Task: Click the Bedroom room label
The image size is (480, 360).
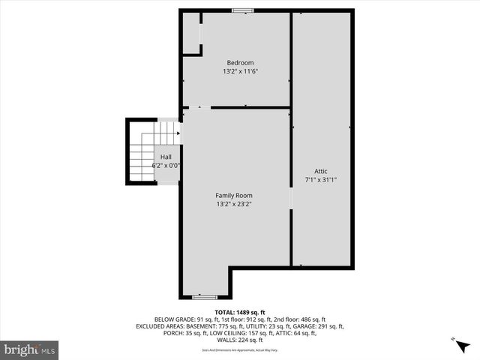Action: coord(240,62)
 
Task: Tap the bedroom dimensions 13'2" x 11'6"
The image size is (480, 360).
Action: coord(240,71)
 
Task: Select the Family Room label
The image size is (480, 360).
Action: coord(234,195)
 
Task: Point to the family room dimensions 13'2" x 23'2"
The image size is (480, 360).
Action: coord(234,204)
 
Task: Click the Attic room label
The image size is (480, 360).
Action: coord(321,171)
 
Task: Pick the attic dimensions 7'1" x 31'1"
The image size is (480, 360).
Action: coord(321,180)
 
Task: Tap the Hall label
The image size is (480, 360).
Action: coord(166,157)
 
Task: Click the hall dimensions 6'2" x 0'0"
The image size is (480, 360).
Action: coord(166,165)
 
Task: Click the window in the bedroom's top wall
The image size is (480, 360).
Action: coord(241,10)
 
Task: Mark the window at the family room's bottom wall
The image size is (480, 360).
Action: coord(204,298)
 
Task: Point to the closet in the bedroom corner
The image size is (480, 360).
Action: coord(191,34)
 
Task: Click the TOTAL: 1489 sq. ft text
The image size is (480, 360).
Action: coord(240,312)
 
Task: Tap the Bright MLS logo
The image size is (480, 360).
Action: coord(30,349)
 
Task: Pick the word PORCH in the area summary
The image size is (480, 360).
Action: coord(172,333)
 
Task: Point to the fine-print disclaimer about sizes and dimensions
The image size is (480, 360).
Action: coord(240,349)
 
